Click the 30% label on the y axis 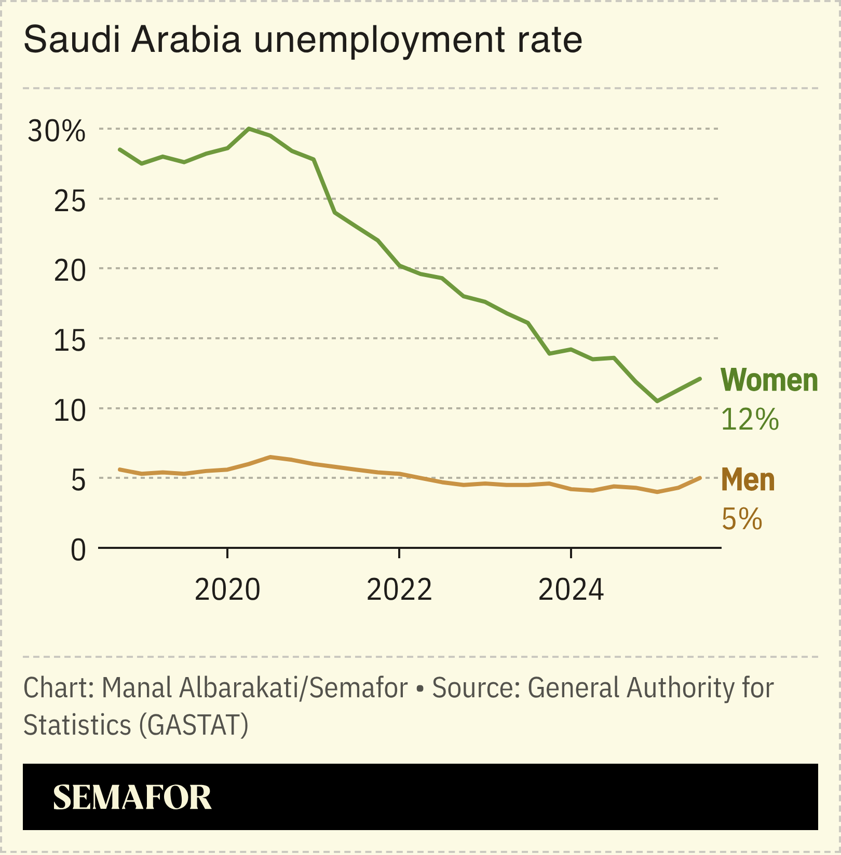pyautogui.click(x=56, y=131)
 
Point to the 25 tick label pyautogui.click(x=70, y=201)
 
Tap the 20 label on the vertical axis pyautogui.click(x=70, y=271)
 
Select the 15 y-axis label pyautogui.click(x=70, y=341)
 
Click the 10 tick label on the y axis pyautogui.click(x=70, y=411)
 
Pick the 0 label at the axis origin pyautogui.click(x=78, y=550)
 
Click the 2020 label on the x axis pyautogui.click(x=227, y=590)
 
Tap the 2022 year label pyautogui.click(x=399, y=590)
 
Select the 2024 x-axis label pyautogui.click(x=571, y=590)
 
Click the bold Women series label pyautogui.click(x=769, y=380)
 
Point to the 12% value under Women pyautogui.click(x=750, y=419)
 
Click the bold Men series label pyautogui.click(x=748, y=480)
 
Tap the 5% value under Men pyautogui.click(x=742, y=519)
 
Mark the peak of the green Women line pyautogui.click(x=249, y=128)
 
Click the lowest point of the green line pyautogui.click(x=657, y=401)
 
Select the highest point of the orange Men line pyautogui.click(x=270, y=457)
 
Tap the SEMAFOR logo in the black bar pyautogui.click(x=132, y=797)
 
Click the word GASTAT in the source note pyautogui.click(x=194, y=725)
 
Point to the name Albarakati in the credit pyautogui.click(x=241, y=688)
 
